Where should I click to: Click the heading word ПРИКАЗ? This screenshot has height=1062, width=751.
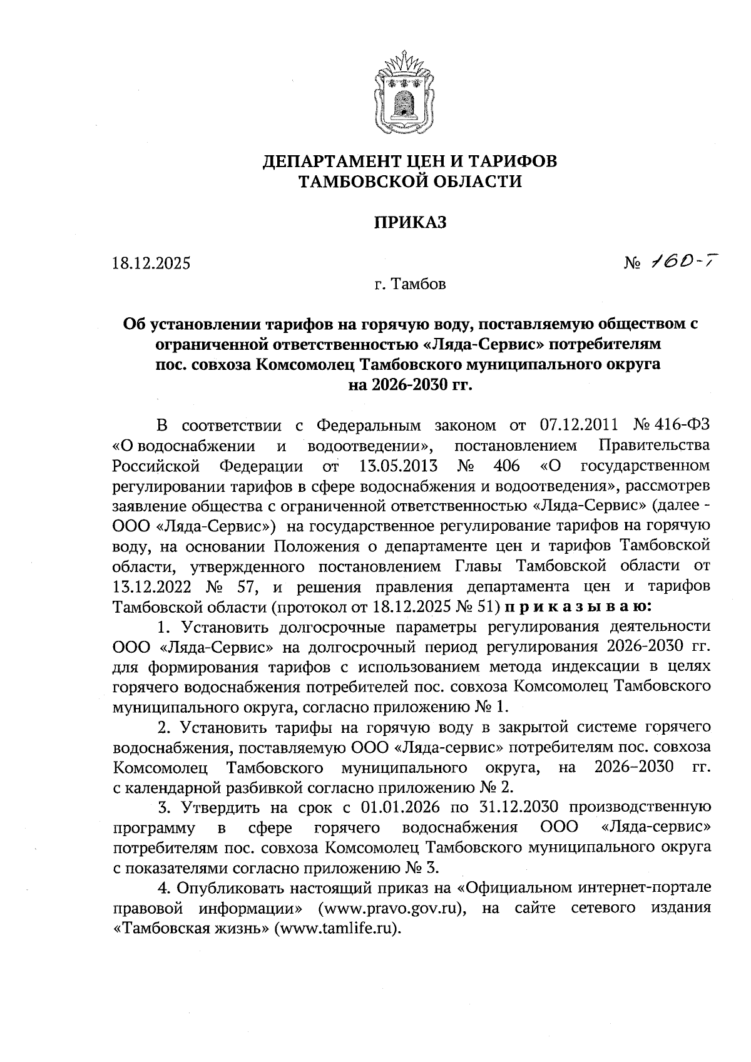(410, 223)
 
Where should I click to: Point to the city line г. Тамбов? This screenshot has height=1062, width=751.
(410, 285)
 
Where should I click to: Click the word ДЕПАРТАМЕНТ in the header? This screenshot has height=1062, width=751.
(330, 161)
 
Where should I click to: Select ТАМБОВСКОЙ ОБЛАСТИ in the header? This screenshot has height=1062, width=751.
(410, 182)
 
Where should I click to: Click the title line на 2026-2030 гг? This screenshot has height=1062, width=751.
(410, 384)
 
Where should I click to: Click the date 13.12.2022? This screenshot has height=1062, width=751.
(150, 587)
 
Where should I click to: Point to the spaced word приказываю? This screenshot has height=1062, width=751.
(578, 607)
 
